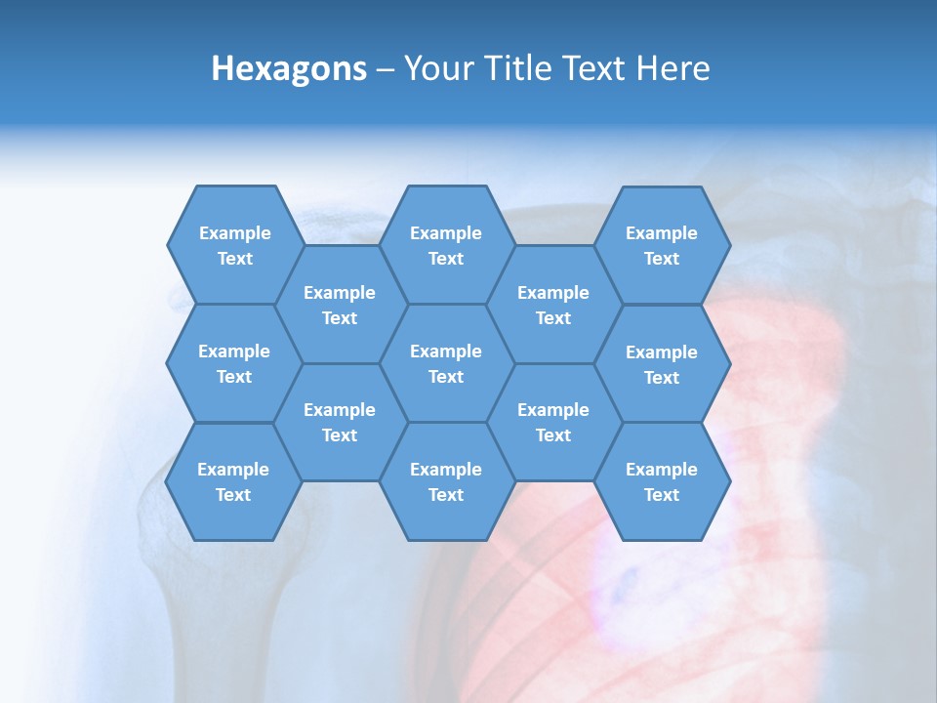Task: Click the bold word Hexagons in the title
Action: click(x=289, y=69)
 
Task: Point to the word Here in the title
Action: click(x=672, y=68)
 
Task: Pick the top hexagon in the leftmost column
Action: click(x=234, y=245)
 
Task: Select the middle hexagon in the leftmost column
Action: click(x=234, y=363)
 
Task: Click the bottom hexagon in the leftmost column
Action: click(x=233, y=481)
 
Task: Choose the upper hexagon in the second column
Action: click(x=340, y=305)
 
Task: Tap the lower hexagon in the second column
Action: click(x=340, y=422)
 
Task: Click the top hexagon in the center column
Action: click(x=446, y=245)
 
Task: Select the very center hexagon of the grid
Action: click(x=446, y=363)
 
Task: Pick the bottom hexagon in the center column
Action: click(x=446, y=481)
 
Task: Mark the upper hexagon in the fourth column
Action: click(x=553, y=305)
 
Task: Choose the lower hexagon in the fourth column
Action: click(x=553, y=422)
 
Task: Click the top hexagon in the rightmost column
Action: click(x=662, y=245)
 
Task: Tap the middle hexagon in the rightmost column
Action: click(x=662, y=364)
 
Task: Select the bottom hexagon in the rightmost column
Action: click(x=662, y=481)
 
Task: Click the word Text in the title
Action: click(x=594, y=68)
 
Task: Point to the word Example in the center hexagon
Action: click(x=446, y=351)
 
